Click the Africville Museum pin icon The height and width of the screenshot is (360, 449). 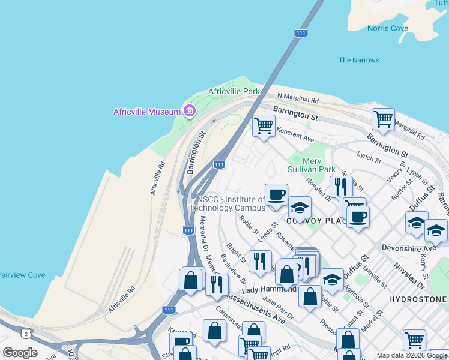coord(190,111)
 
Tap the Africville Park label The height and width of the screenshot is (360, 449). coord(234,91)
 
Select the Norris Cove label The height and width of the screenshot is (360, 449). coord(388,28)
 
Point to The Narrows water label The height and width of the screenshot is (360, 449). coord(358,60)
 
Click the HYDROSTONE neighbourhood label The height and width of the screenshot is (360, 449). coord(418,299)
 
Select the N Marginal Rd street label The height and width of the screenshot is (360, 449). coord(298,98)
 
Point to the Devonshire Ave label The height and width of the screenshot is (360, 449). coord(409,248)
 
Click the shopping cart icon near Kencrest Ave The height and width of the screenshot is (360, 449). coord(263,126)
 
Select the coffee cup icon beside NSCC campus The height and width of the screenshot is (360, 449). coord(276,194)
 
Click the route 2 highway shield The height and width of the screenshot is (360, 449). coord(25,333)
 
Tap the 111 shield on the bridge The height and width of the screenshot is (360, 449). coord(301,34)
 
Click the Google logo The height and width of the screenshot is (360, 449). coord(20,353)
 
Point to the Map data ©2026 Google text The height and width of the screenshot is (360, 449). coord(411,355)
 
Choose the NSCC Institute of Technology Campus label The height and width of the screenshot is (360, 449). coord(227,203)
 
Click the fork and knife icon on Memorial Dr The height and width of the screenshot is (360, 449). coord(217,283)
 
